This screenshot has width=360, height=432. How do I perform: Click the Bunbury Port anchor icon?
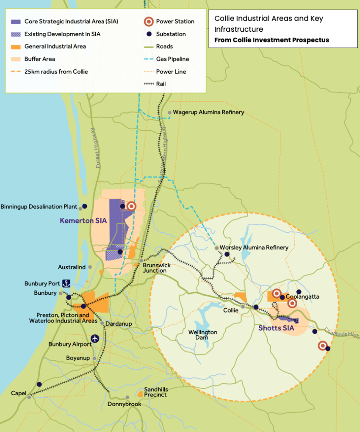tap(66, 283)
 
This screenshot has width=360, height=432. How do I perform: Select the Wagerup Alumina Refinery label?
tap(209, 112)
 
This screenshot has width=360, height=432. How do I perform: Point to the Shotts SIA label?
tap(276, 327)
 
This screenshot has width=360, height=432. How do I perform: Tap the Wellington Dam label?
tap(203, 335)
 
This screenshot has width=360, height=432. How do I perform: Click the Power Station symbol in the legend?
tap(148, 22)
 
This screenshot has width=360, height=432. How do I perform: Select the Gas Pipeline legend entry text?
tap(172, 59)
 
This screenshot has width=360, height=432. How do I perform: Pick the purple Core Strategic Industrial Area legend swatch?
tap(16, 22)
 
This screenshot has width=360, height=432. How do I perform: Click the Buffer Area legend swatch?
tap(16, 59)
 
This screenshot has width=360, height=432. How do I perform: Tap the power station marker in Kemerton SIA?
tap(131, 206)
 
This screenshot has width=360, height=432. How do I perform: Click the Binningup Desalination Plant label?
tap(39, 207)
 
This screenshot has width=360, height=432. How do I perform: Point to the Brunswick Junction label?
tap(157, 268)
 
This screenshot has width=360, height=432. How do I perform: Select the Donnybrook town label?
tap(124, 404)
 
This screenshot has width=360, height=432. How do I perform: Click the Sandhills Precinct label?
tap(155, 392)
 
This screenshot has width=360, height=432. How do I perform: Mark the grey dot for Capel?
tap(29, 397)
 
